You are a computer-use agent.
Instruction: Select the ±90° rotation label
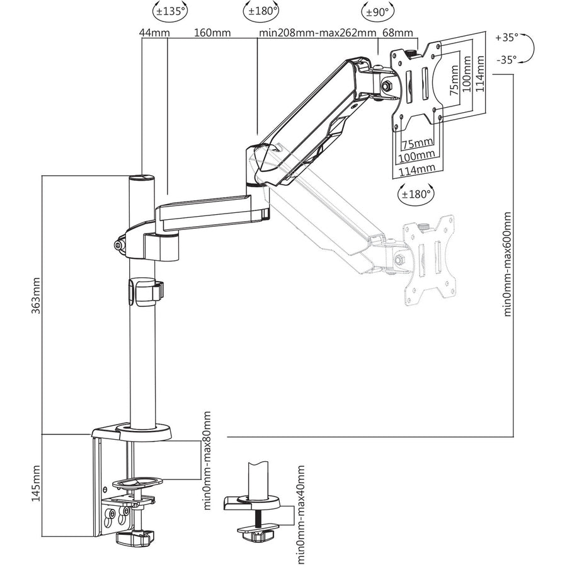point(377,11)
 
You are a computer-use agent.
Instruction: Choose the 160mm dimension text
point(212,33)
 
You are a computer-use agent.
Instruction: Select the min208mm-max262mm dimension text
point(318,33)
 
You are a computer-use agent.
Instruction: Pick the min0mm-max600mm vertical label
point(508,264)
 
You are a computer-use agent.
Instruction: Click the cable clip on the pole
point(145,291)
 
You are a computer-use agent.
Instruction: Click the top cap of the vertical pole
point(142,179)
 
